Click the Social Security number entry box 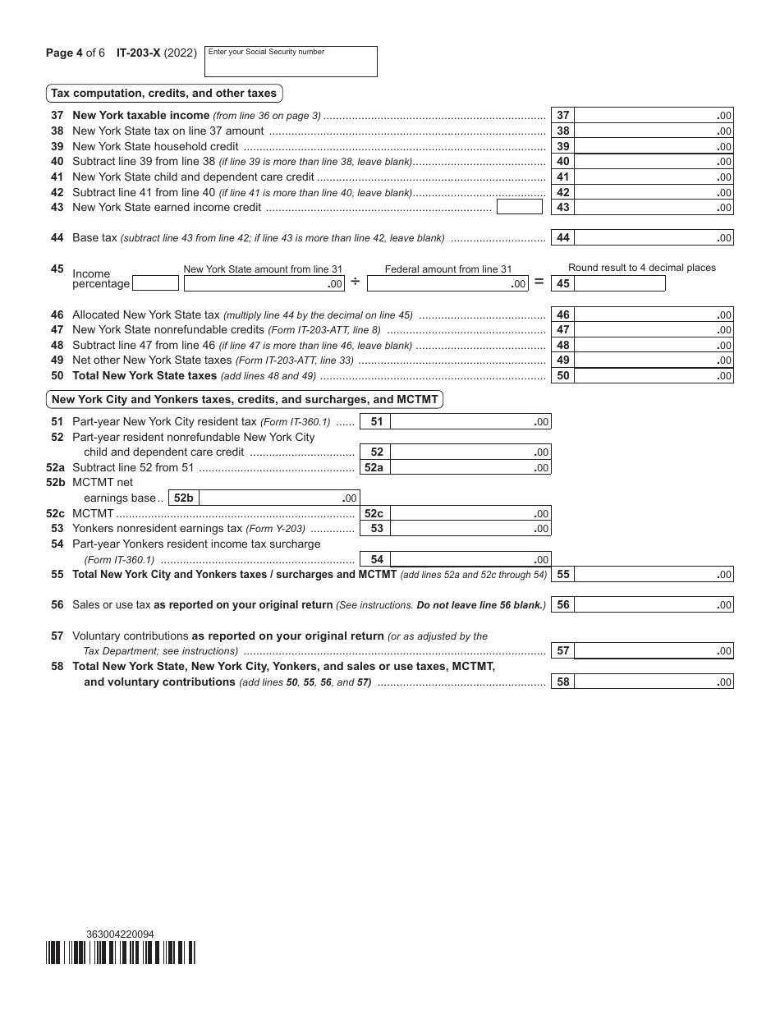(290, 62)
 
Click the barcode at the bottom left (121, 952)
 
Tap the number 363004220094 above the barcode (120, 934)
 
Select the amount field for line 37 (654, 116)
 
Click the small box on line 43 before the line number (520, 207)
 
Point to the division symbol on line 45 (356, 282)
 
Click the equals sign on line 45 (539, 282)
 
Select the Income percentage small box (155, 283)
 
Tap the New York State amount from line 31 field (264, 283)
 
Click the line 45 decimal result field (619, 283)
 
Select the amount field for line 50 (654, 376)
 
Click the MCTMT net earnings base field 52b (278, 498)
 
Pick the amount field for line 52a (470, 467)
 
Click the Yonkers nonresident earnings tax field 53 (470, 529)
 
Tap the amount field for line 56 (654, 605)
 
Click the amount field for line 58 (654, 682)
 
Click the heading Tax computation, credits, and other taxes (164, 93)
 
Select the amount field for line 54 (470, 560)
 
